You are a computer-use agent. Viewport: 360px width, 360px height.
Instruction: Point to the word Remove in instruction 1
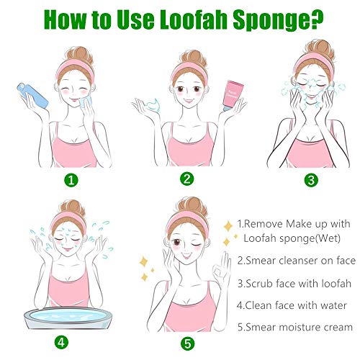[x=267, y=224]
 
